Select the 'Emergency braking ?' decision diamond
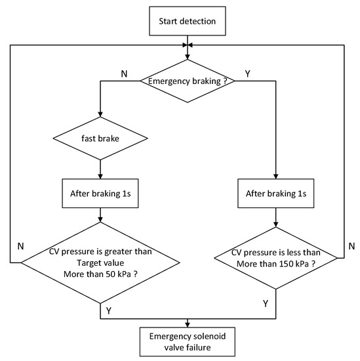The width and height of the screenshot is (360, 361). coord(189,81)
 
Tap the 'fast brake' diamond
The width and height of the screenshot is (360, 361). coord(100,138)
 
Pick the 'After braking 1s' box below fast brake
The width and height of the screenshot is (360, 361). coord(100,196)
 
